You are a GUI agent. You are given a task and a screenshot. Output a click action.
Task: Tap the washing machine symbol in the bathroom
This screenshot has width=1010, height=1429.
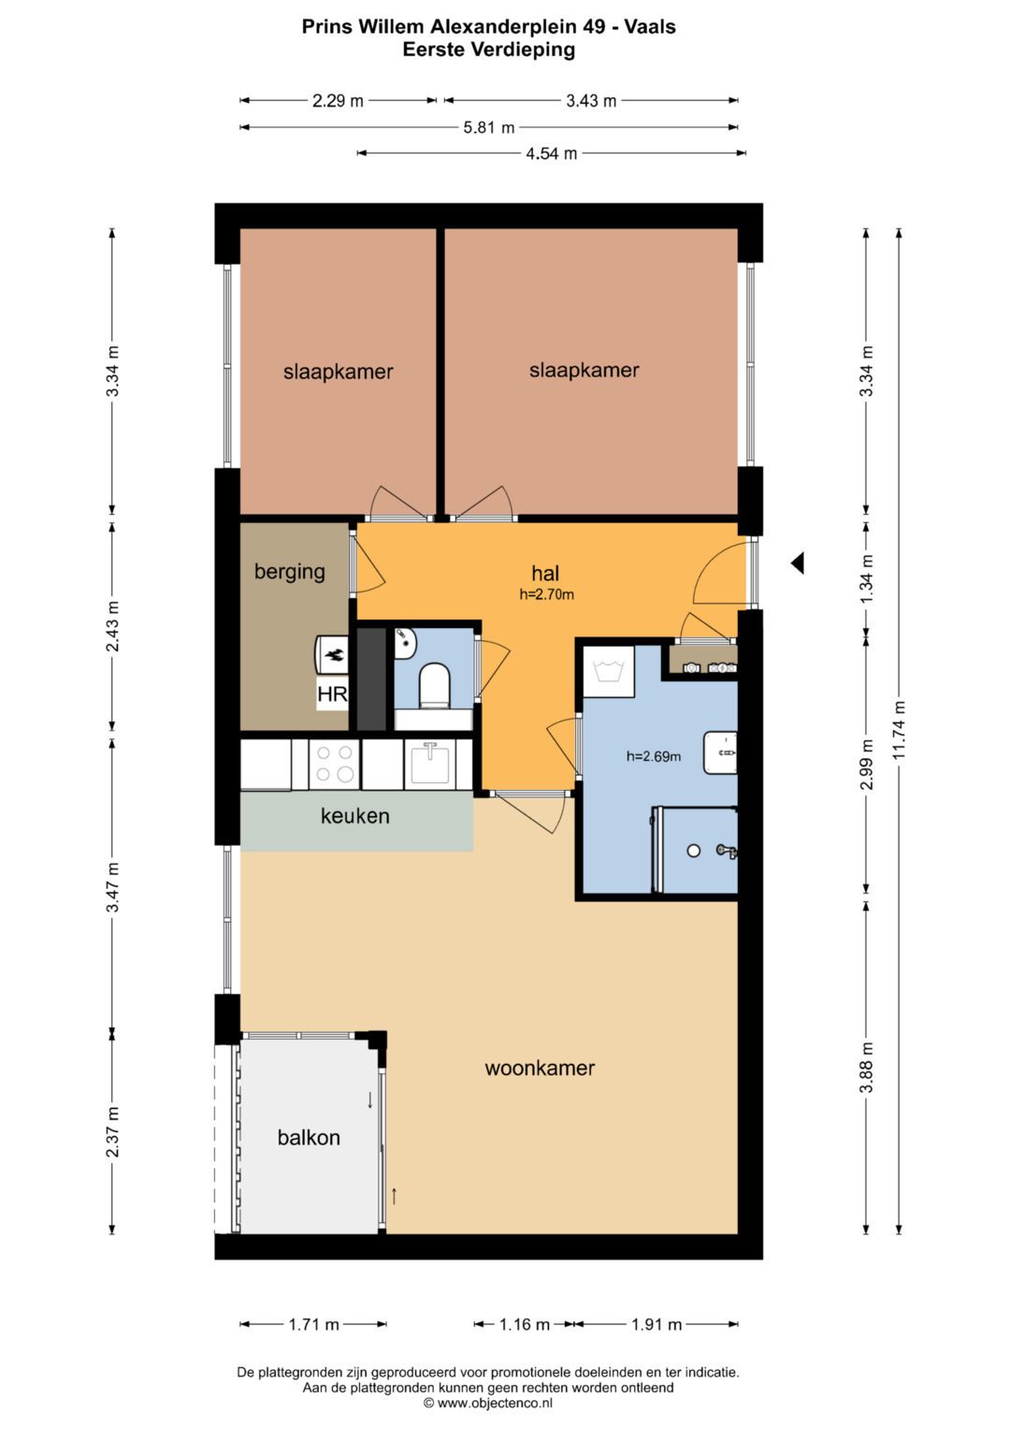point(608,671)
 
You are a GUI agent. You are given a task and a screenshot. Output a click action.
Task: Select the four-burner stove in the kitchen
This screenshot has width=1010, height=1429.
point(335,764)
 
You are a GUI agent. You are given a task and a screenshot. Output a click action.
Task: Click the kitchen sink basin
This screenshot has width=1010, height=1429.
point(430,764)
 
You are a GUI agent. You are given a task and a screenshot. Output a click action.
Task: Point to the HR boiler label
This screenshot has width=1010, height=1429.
point(332,694)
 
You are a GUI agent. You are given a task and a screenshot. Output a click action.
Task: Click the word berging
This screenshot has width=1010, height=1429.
point(290,572)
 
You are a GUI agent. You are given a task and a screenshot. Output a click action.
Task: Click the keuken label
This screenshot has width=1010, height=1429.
point(355,816)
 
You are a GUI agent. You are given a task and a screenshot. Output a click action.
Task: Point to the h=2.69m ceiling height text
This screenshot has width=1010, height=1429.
point(654,756)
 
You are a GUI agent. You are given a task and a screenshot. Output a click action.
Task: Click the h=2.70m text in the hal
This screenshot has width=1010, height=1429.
point(546,594)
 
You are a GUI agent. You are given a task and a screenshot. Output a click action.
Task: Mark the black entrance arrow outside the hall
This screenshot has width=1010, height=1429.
point(798,562)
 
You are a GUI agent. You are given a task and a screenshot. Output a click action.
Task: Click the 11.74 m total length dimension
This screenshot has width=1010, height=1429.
point(899,730)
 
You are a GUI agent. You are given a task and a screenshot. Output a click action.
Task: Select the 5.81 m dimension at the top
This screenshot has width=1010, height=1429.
point(489,127)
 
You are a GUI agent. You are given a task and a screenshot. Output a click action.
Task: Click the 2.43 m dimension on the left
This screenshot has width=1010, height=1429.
point(113,626)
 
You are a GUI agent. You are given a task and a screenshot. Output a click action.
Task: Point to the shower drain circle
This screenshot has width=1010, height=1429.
point(694,851)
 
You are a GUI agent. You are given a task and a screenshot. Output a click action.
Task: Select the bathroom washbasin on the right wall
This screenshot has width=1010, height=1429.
point(720,752)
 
